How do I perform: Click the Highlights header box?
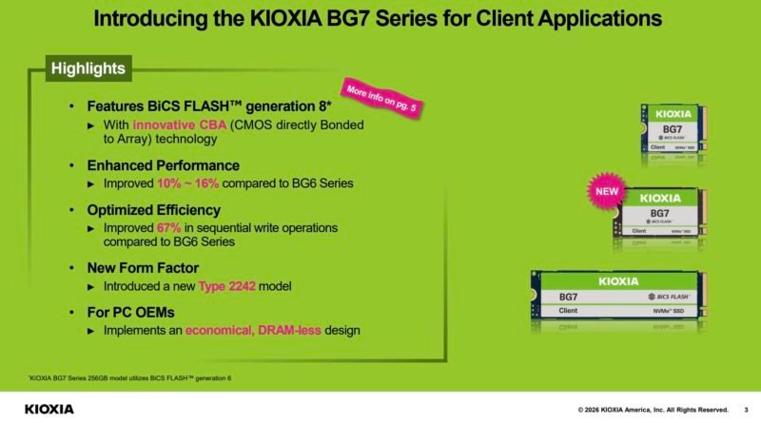pos(88,68)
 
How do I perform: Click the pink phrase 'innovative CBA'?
pos(176,125)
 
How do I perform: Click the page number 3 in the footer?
pos(746,409)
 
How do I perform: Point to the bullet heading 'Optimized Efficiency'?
pos(153,210)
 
